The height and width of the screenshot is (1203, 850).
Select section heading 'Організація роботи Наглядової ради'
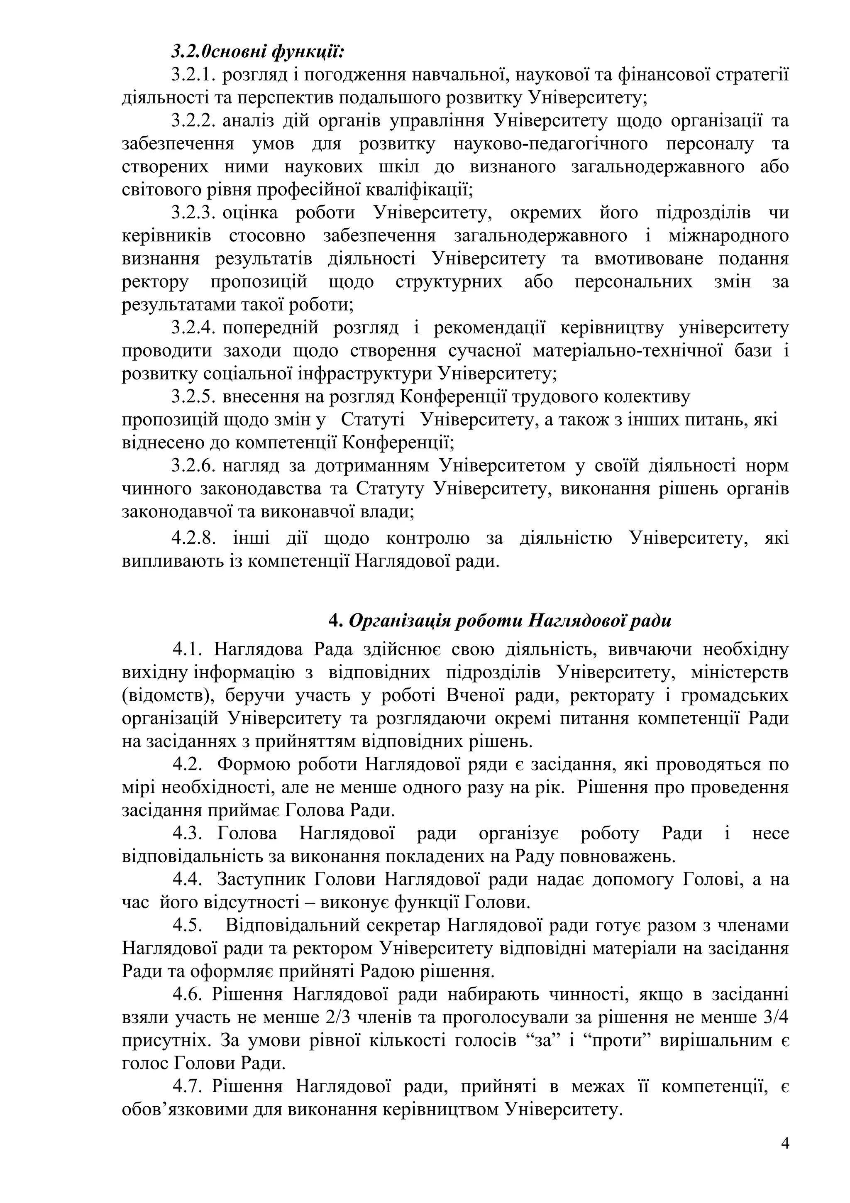[510, 621]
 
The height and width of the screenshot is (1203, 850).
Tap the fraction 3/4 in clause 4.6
[776, 1017]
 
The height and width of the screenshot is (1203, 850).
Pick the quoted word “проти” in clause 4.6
[615, 1041]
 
